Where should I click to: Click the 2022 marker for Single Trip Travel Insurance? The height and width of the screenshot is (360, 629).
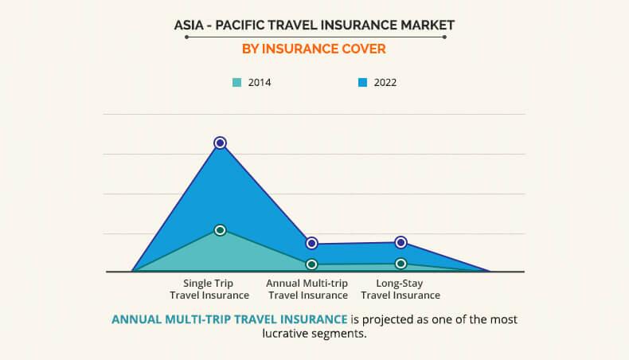(x=221, y=143)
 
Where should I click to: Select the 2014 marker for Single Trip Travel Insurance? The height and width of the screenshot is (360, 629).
(x=221, y=230)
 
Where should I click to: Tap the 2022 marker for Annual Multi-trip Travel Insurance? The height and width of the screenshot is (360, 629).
(x=311, y=243)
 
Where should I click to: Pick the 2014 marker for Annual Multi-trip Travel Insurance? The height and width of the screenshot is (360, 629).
(x=311, y=264)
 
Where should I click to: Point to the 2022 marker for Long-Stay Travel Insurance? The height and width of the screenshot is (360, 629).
(x=401, y=242)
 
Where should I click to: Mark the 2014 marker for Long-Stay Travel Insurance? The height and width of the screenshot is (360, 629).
(x=401, y=264)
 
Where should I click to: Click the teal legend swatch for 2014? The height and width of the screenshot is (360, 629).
(x=236, y=82)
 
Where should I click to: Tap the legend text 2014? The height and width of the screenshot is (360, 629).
(x=259, y=82)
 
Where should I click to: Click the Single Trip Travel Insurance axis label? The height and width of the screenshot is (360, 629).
(x=208, y=288)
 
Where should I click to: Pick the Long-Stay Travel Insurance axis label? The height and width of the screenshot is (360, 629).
(x=400, y=288)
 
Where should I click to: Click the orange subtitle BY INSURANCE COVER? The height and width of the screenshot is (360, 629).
(x=314, y=49)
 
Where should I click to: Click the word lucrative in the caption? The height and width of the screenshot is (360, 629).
(x=287, y=335)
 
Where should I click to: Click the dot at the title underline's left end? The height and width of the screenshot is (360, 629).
(x=186, y=37)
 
